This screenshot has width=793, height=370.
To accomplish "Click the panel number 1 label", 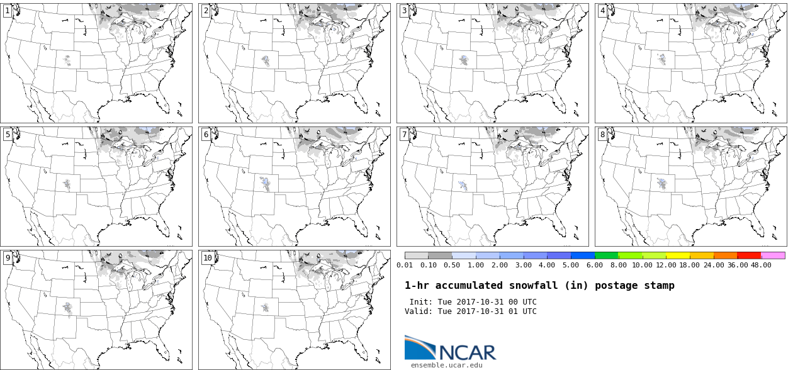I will (x=8, y=11).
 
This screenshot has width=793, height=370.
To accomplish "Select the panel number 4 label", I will (x=602, y=11).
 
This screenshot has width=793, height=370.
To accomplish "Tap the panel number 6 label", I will (x=206, y=134).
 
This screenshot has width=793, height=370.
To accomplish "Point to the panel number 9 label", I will (x=8, y=257).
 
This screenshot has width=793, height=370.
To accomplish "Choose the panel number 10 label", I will (x=207, y=257).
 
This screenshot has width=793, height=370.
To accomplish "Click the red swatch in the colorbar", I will (x=749, y=255).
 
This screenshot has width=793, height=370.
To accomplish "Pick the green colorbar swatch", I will (x=606, y=255).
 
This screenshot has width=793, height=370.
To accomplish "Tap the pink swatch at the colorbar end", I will (x=773, y=255).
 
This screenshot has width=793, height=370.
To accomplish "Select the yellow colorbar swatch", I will (x=678, y=255).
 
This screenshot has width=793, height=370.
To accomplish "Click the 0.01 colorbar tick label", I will (x=405, y=265).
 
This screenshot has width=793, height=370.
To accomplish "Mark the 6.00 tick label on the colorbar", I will (x=593, y=265).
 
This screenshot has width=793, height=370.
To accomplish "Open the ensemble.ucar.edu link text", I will (x=447, y=365).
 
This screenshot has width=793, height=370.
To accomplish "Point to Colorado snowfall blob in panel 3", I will (x=464, y=60).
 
